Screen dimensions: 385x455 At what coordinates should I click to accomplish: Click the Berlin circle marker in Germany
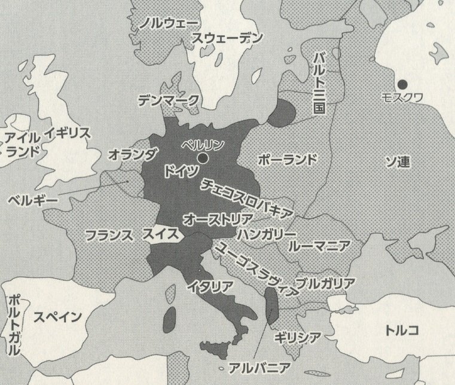coord(203,158)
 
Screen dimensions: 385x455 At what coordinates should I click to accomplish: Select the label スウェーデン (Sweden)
coord(227,38)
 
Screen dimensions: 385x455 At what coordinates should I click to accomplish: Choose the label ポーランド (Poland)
coord(286,160)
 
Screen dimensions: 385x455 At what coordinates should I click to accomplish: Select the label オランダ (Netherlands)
coord(132,154)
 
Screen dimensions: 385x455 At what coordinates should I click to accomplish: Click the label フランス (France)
coord(109,235)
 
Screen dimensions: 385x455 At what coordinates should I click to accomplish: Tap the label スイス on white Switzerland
coord(160,235)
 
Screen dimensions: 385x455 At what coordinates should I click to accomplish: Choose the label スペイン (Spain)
coord(57,317)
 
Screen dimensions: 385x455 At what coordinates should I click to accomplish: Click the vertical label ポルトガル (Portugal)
coord(14,325)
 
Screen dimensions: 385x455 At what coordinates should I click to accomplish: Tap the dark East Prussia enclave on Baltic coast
coord(282,113)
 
